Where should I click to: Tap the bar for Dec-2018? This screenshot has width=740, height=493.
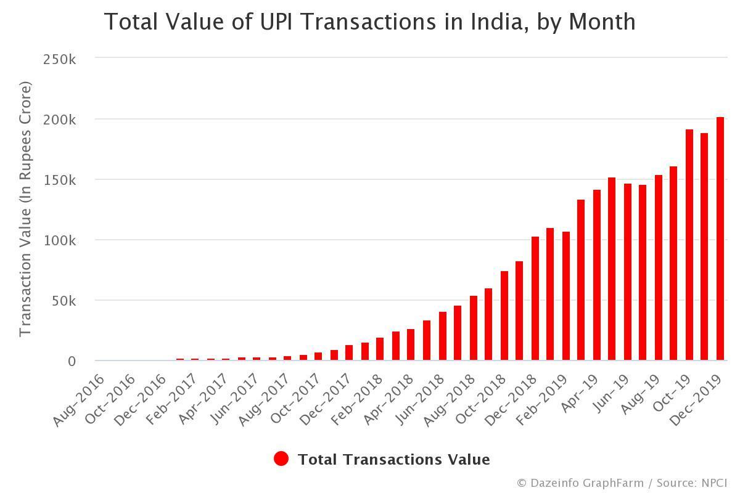click(x=535, y=298)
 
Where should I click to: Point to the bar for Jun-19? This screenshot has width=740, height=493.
click(x=627, y=272)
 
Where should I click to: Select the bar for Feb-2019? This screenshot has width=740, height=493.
click(x=565, y=296)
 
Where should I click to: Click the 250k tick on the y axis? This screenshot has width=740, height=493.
click(x=59, y=59)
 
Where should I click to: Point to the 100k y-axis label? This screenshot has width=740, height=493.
click(x=59, y=240)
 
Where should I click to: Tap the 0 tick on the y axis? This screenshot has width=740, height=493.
click(x=72, y=361)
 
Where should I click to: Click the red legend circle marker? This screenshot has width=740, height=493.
click(x=281, y=459)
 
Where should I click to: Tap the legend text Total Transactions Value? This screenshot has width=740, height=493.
click(x=393, y=460)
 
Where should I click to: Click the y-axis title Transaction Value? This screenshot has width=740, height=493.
click(x=25, y=210)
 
